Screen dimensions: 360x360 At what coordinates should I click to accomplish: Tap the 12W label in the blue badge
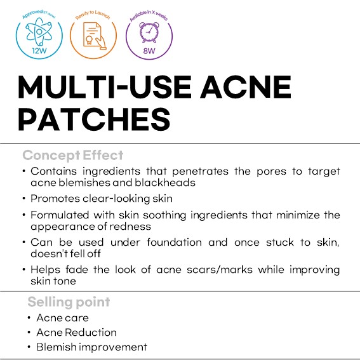39,51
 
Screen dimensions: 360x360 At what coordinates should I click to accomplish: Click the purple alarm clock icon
149,32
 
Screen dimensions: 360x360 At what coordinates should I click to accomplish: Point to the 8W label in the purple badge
149,51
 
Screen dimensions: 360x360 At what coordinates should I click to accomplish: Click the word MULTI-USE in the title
105,87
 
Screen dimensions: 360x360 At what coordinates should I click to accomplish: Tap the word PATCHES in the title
94,119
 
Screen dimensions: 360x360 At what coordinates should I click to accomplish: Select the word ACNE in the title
246,87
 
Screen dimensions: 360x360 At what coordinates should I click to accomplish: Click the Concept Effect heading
73,156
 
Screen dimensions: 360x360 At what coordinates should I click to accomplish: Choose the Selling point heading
69,302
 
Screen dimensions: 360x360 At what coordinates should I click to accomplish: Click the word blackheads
165,183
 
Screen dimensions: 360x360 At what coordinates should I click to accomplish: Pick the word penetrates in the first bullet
200,171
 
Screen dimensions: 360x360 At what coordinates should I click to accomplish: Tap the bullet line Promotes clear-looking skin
102,199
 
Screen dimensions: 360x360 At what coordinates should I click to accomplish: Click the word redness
130,227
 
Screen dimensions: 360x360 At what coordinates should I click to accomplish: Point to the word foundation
174,242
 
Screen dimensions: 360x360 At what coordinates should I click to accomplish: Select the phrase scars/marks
220,270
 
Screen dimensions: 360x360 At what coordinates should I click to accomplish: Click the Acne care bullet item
62,318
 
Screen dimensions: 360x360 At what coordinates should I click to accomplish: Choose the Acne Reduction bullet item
76,333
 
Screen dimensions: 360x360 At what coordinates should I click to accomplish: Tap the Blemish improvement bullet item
91,347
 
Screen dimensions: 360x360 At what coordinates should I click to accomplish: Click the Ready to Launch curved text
93,14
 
